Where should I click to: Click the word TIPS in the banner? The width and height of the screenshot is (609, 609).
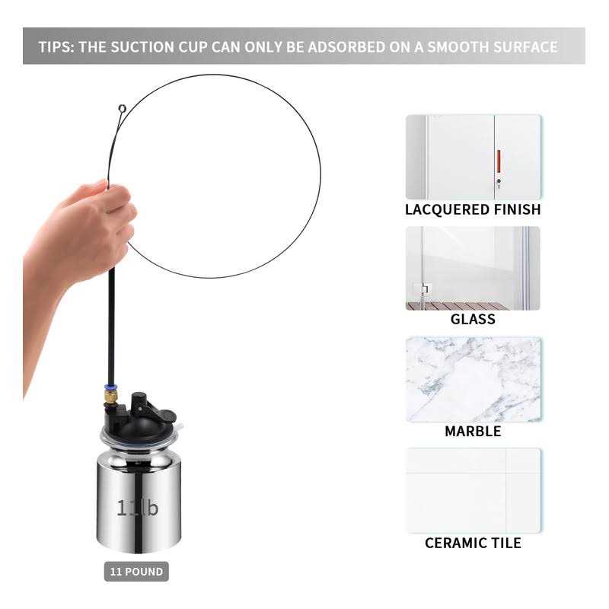(56, 47)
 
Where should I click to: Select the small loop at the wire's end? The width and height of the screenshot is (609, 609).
(123, 108)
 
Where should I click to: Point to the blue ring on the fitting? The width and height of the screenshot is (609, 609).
(110, 387)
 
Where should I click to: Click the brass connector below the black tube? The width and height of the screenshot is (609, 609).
(110, 397)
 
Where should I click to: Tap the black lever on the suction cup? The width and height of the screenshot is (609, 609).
(151, 408)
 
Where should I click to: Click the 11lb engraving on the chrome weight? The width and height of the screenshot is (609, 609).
(138, 508)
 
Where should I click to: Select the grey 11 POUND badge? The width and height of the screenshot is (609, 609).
(136, 572)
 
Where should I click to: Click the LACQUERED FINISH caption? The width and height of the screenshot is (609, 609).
(473, 210)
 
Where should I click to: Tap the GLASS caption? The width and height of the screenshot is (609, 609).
(473, 319)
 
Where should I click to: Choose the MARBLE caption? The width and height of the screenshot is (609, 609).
(473, 431)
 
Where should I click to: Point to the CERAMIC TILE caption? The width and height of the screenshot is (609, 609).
(473, 543)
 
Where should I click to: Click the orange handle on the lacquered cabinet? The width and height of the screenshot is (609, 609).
(499, 161)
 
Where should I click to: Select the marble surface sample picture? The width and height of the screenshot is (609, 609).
(473, 379)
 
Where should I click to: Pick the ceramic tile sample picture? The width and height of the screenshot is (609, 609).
(473, 490)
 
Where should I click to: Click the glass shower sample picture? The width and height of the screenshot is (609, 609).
(473, 269)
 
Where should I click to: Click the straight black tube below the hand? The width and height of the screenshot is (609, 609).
(111, 326)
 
